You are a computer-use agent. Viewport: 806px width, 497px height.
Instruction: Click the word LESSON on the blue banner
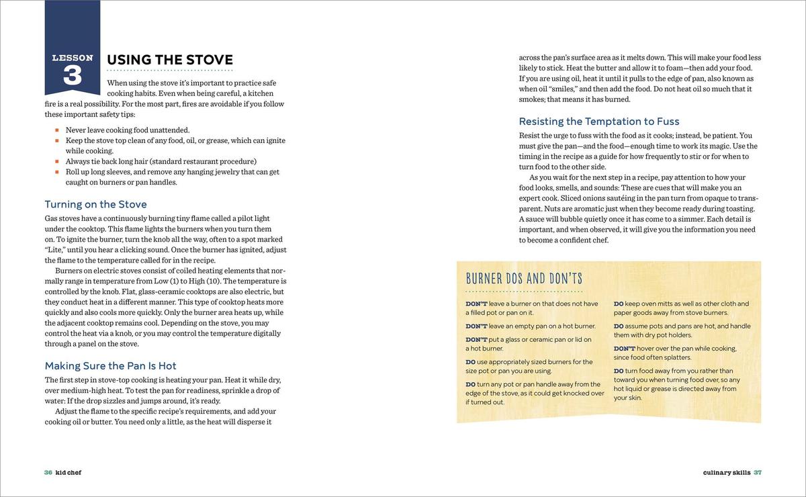(x=72, y=58)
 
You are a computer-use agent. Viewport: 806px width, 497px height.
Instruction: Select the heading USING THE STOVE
(x=170, y=60)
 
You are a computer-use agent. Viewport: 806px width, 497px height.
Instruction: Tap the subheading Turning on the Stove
(x=95, y=204)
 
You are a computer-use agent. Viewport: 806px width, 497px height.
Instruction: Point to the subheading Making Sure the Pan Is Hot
(x=110, y=366)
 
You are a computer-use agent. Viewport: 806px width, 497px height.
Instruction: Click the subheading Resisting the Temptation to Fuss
(x=599, y=122)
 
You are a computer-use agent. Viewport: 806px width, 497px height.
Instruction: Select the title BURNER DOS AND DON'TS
(x=524, y=279)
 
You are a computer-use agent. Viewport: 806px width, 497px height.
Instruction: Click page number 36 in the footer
(x=48, y=472)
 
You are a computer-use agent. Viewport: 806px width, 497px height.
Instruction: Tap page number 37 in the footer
(x=758, y=472)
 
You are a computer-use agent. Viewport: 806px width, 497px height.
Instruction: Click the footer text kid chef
(x=69, y=472)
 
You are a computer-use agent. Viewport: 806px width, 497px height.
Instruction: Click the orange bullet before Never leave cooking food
(x=58, y=130)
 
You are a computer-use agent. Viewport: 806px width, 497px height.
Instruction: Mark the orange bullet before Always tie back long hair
(x=58, y=162)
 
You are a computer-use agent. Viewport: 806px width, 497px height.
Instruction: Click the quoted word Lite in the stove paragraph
(x=55, y=250)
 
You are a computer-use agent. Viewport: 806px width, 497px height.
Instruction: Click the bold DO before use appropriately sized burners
(x=471, y=362)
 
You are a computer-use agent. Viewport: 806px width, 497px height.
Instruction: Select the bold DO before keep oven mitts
(x=619, y=304)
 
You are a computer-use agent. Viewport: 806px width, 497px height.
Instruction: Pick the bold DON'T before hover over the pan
(x=624, y=349)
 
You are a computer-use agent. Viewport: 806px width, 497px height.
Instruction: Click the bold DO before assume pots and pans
(x=619, y=326)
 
